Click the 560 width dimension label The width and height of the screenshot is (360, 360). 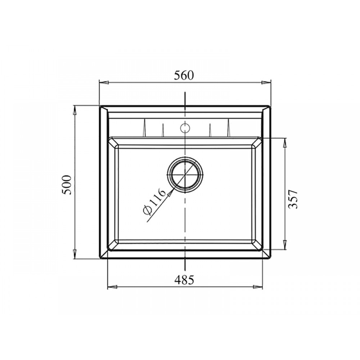[x=184, y=75]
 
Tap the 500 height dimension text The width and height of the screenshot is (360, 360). [x=67, y=185]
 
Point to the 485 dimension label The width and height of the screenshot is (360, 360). [x=184, y=280]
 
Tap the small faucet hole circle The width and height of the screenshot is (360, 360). [x=185, y=128]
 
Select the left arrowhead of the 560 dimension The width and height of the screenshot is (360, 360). [x=104, y=82]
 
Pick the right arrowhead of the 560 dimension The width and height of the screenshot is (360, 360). [x=266, y=82]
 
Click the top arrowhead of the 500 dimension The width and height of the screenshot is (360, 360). [x=75, y=110]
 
